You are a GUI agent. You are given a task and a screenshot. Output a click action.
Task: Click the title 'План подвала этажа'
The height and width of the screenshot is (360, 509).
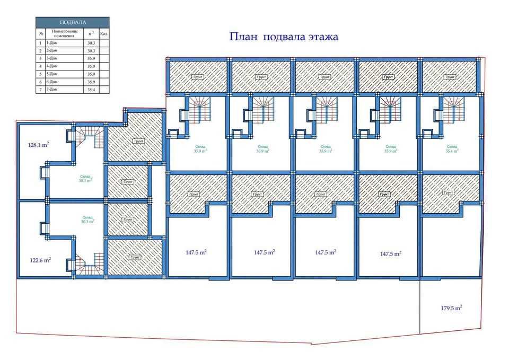[x=284, y=37]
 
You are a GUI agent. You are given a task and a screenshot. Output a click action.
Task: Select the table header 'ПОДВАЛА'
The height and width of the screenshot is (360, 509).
[x=73, y=22]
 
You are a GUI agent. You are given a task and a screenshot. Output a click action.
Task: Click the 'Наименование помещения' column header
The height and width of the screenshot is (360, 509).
[x=65, y=33]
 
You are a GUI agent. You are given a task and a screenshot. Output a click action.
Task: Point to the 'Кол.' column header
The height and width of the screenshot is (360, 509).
[x=104, y=33]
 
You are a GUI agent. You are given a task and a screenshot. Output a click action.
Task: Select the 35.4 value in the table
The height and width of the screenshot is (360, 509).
[x=91, y=90]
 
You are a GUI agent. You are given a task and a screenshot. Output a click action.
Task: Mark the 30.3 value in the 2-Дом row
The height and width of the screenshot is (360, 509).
[x=91, y=50]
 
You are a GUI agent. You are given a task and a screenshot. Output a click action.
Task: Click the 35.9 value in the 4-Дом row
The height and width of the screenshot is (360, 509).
[x=91, y=66]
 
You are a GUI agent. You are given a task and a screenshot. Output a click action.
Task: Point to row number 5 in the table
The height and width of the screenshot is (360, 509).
[x=40, y=74]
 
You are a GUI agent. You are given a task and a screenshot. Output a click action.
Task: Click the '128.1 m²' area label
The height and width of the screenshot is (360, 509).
[x=38, y=144]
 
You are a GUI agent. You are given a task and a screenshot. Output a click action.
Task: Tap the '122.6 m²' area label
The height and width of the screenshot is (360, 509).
[x=40, y=260]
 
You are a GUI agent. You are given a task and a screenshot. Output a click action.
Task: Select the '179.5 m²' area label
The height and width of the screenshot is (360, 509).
[x=451, y=308]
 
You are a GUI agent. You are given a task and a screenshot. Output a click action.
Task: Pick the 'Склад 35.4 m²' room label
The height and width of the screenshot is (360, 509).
[x=452, y=148]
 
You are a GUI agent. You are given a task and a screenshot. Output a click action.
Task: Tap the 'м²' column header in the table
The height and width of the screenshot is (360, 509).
[x=91, y=33]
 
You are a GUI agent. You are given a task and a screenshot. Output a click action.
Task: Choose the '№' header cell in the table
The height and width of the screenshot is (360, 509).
[x=40, y=33]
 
